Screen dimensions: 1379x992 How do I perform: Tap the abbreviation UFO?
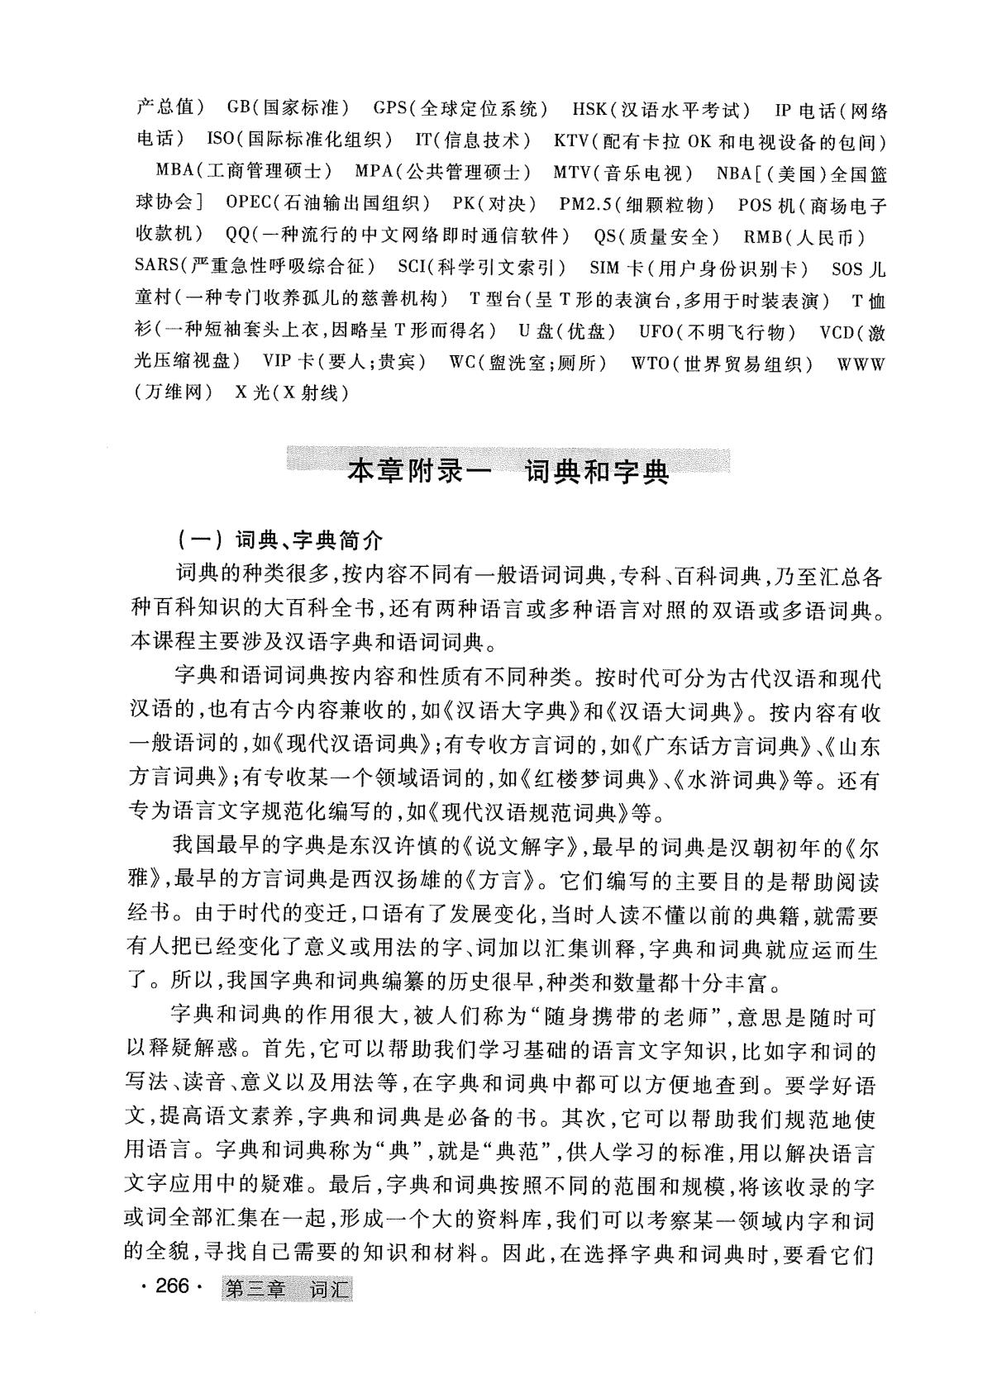click(657, 331)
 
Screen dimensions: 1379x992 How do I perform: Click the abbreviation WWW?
click(861, 364)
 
